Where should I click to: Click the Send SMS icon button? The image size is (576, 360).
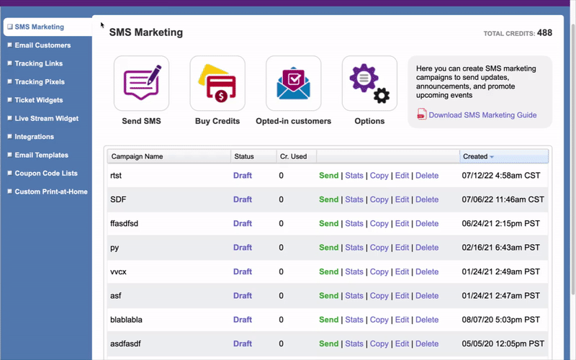141,83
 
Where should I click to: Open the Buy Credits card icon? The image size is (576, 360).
217,83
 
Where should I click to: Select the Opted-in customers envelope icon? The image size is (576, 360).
294,83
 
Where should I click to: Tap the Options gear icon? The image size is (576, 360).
369,83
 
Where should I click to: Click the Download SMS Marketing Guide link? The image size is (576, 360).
482,115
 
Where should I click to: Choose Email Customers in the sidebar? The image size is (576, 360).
42,45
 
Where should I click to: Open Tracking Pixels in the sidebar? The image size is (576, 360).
40,82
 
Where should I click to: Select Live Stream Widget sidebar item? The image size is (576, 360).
46,119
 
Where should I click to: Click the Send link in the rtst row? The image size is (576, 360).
328,176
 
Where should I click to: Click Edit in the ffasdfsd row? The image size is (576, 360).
402,224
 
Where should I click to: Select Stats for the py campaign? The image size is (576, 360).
354,248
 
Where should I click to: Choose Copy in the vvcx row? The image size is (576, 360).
379,271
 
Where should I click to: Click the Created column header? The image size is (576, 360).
475,156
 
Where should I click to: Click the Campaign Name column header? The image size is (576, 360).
137,156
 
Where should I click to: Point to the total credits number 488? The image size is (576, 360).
544,33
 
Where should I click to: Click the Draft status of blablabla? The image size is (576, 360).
243,320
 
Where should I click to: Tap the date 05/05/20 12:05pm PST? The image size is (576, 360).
503,343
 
